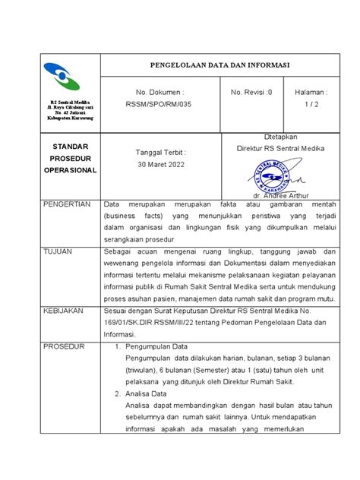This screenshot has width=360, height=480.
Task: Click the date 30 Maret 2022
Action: pos(159,165)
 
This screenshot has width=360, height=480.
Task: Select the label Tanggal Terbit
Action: pos(159,153)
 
